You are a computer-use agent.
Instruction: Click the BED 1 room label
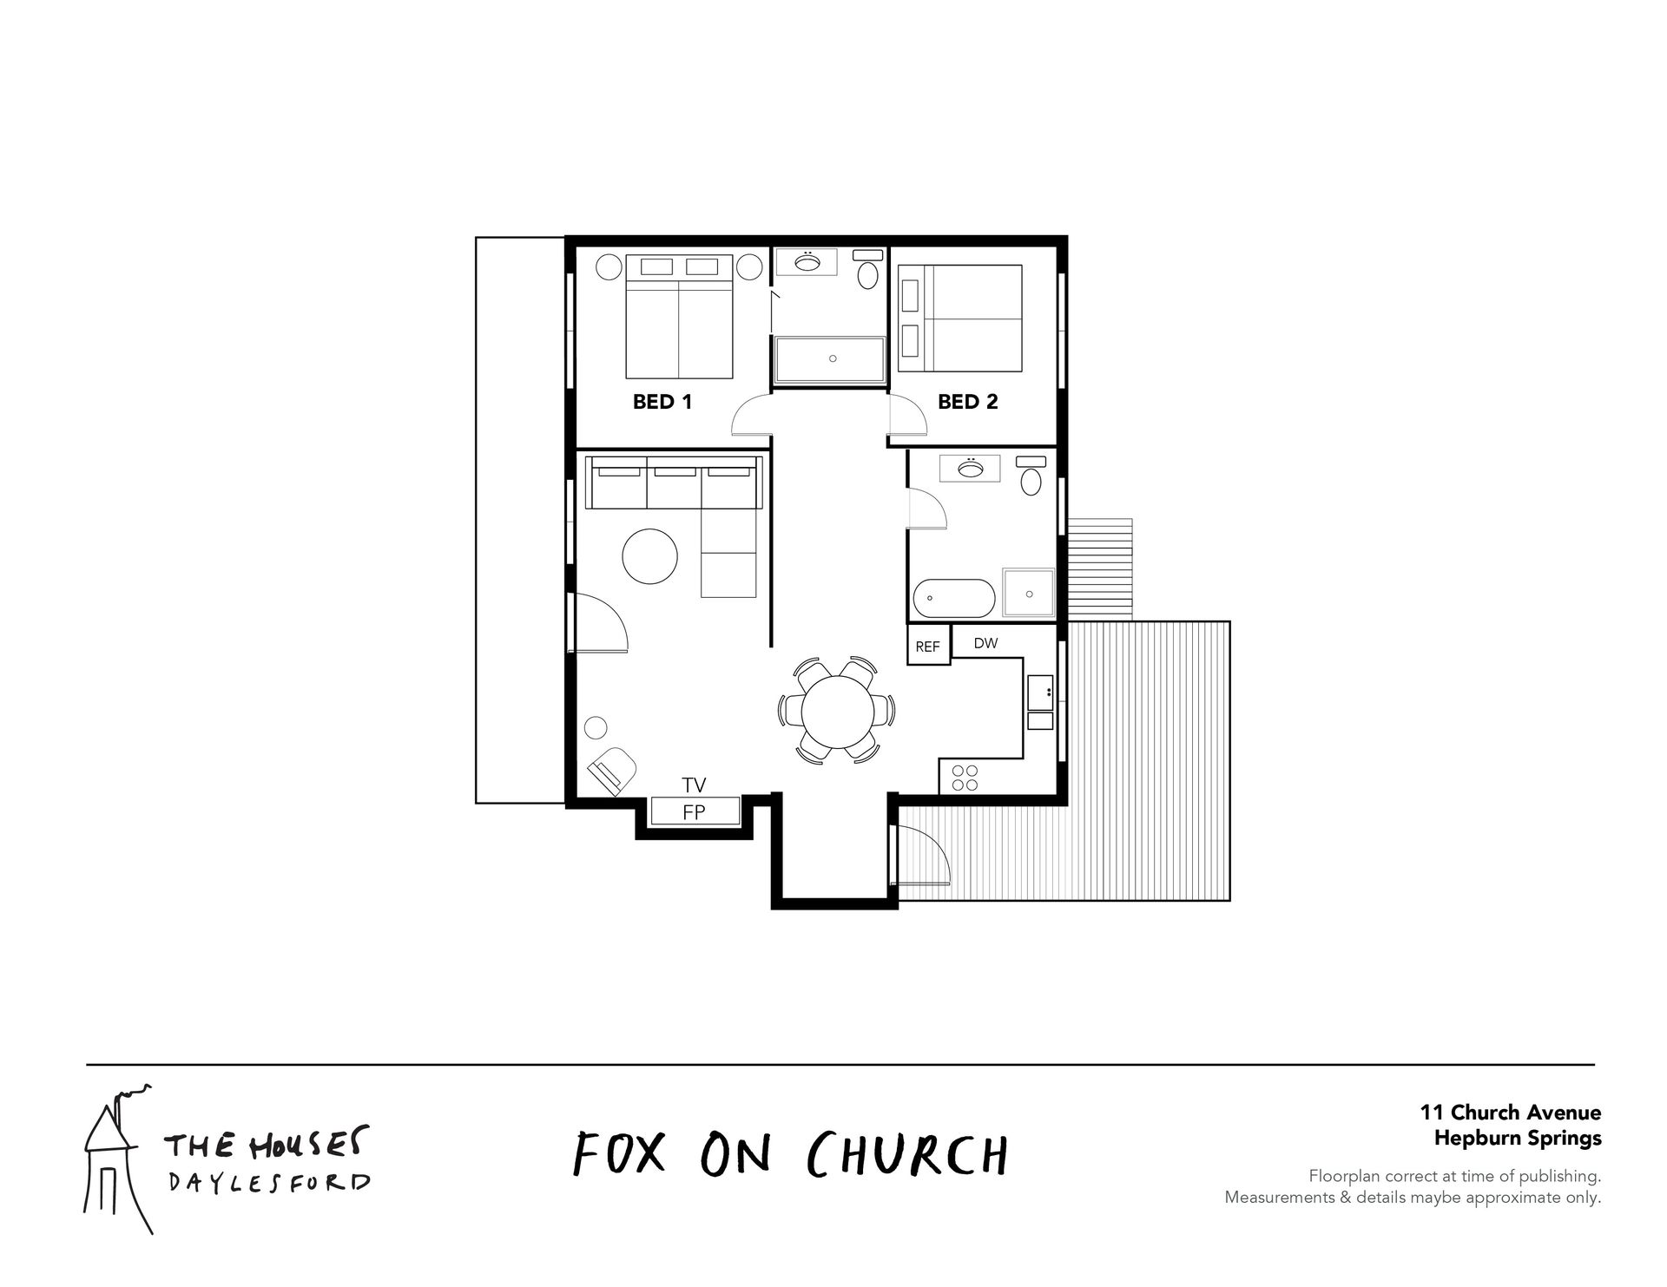[662, 402]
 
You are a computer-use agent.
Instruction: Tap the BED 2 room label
[967, 402]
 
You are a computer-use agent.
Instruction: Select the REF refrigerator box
[928, 645]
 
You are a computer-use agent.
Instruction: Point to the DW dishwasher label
[985, 643]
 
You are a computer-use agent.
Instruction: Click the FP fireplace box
[695, 811]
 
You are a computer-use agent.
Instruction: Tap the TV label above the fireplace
[694, 785]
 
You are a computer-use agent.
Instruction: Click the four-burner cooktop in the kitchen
[965, 777]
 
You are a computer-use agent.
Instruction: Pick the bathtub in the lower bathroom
[954, 597]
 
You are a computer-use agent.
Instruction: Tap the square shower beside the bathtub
[1029, 594]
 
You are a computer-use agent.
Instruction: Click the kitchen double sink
[1040, 702]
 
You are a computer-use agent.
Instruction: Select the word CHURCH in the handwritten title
[907, 1153]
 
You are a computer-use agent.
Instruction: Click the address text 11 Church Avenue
[1511, 1113]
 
